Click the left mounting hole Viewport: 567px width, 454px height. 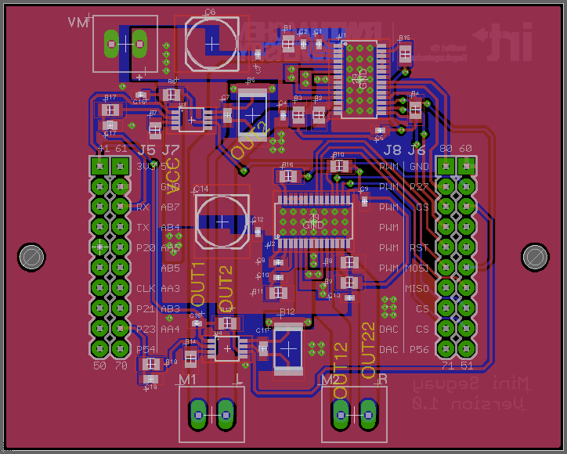[x=32, y=256]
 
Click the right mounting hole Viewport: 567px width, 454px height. [x=536, y=256]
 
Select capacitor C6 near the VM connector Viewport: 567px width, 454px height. [x=211, y=43]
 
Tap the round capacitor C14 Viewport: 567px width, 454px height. [x=222, y=222]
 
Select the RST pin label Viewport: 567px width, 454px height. [x=418, y=248]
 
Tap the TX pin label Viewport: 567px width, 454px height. [x=143, y=228]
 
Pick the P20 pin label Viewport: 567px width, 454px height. [x=145, y=248]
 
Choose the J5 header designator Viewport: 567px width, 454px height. [x=146, y=150]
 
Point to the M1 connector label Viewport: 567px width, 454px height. [x=188, y=380]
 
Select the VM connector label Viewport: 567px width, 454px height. [x=79, y=22]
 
